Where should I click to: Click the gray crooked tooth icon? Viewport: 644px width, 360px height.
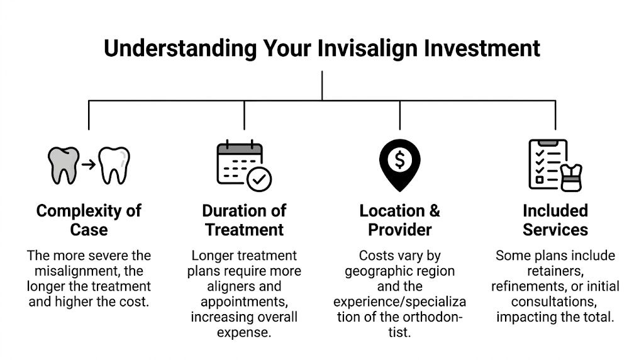tap(64, 164)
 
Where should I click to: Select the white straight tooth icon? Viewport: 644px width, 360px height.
tap(115, 165)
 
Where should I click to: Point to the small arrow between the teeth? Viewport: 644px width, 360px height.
tap(89, 165)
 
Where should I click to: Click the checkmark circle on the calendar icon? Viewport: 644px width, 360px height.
tap(258, 179)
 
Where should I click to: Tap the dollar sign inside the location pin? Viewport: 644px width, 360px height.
tap(400, 160)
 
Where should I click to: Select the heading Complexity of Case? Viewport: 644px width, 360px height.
tap(89, 220)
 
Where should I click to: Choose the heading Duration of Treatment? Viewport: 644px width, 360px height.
tap(244, 220)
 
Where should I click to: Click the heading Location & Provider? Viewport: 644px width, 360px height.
tap(400, 220)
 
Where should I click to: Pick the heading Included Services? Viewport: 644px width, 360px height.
tap(555, 220)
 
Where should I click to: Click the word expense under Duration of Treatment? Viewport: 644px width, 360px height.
tap(244, 332)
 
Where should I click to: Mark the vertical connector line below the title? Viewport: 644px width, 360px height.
tap(322, 85)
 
